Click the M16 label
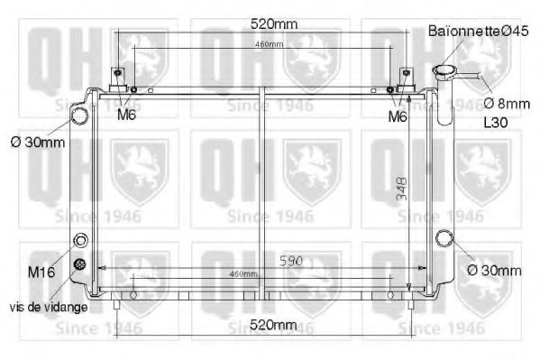(x=42, y=272)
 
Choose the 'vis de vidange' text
(x=49, y=307)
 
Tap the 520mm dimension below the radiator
(x=272, y=325)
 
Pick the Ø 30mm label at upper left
(x=39, y=143)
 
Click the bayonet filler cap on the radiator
(x=445, y=71)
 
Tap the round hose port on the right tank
(x=444, y=240)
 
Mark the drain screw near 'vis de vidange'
(x=81, y=264)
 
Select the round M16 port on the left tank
(x=81, y=242)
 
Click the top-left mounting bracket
(x=118, y=78)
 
